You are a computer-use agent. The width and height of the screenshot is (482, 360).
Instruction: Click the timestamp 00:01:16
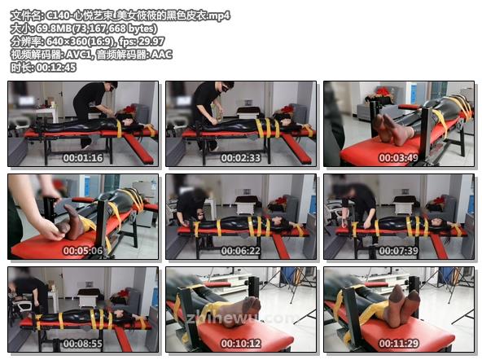click(83, 158)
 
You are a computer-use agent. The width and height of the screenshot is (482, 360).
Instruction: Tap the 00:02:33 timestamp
click(241, 158)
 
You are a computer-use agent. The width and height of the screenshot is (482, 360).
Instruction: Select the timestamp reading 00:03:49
click(398, 158)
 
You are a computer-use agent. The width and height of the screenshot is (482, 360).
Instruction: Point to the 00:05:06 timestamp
click(83, 251)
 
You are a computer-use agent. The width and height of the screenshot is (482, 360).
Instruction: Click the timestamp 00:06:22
click(241, 251)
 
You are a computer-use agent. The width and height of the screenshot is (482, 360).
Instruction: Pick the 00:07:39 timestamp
click(398, 251)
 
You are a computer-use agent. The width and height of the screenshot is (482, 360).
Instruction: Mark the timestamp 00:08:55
click(83, 344)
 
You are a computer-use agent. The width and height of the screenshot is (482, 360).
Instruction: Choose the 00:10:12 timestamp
click(241, 344)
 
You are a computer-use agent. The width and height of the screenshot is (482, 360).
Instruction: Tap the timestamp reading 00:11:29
click(398, 344)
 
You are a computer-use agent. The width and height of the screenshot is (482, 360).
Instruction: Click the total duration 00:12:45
click(56, 68)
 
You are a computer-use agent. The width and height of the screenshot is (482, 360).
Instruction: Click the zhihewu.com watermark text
click(239, 318)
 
